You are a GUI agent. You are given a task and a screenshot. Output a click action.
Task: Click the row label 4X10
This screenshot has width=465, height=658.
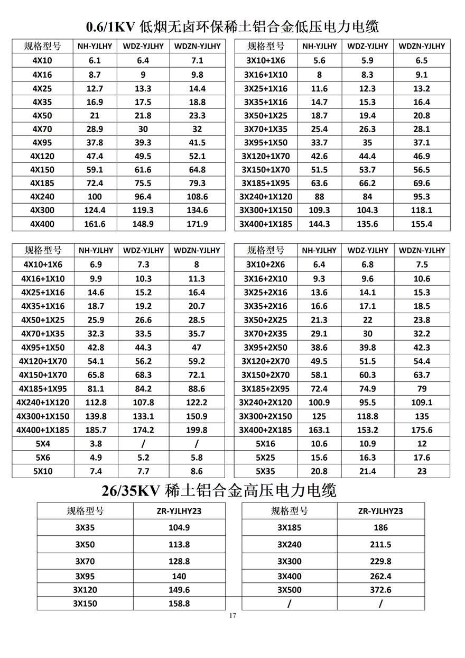pyautogui.click(x=42, y=60)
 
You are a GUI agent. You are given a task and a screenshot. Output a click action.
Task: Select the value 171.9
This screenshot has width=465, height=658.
pyautogui.click(x=197, y=224)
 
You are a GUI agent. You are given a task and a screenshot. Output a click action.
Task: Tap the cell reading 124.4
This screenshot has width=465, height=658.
pyautogui.click(x=95, y=210)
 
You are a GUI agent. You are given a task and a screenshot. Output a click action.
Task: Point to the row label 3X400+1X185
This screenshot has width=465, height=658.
pyautogui.click(x=266, y=224)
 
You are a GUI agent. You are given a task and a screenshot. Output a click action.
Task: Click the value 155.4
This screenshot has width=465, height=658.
pyautogui.click(x=421, y=224)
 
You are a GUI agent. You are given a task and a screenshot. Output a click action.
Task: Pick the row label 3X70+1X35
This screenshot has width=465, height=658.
pyautogui.click(x=266, y=129)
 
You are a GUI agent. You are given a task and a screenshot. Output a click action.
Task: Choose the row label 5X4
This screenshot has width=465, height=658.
pyautogui.click(x=43, y=444)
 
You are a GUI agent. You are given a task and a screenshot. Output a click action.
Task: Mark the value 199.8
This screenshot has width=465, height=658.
pyautogui.click(x=197, y=430)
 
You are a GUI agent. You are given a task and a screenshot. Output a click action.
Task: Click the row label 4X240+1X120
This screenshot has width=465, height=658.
pyautogui.click(x=43, y=403)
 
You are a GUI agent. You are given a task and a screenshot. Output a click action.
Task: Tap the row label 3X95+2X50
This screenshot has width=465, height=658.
pyautogui.click(x=266, y=348)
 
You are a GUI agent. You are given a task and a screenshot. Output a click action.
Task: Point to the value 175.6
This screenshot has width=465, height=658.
pyautogui.click(x=422, y=430)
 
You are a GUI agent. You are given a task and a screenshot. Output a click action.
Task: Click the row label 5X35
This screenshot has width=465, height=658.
pyautogui.click(x=266, y=471)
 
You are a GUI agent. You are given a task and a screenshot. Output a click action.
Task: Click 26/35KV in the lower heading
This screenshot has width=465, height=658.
pyautogui.click(x=131, y=491)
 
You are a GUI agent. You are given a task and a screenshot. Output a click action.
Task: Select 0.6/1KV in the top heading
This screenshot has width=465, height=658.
pyautogui.click(x=110, y=26)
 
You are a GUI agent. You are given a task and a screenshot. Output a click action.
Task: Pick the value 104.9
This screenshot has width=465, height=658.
pyautogui.click(x=179, y=527)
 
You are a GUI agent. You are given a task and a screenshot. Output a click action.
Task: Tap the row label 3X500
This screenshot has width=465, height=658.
pyautogui.click(x=289, y=590)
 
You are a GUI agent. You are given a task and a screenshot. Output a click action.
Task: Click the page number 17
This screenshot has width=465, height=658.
pyautogui.click(x=232, y=615)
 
